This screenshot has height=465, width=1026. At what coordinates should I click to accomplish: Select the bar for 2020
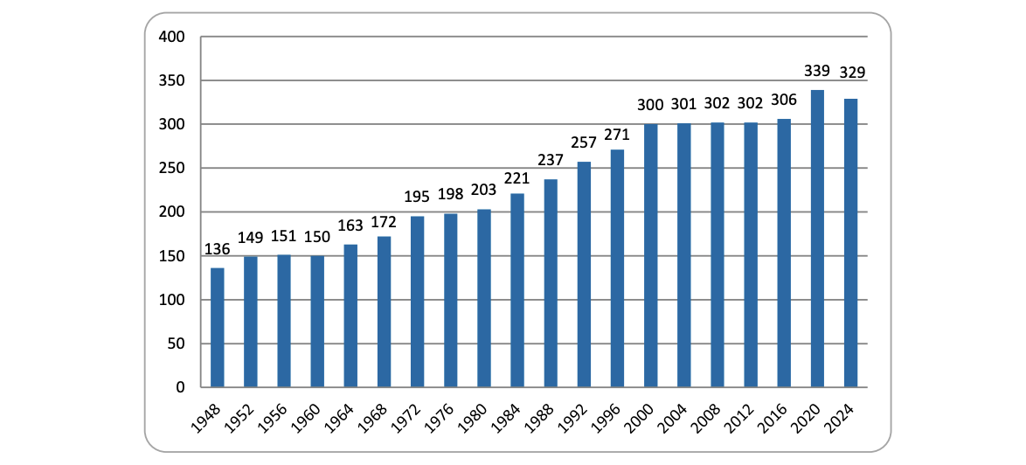[x=817, y=239]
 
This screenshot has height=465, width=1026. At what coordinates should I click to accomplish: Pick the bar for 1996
[x=617, y=268]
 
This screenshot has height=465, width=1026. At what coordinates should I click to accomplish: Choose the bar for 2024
[x=850, y=243]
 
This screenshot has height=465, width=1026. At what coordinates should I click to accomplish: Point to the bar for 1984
[x=517, y=290]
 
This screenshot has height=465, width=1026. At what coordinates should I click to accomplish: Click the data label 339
[x=817, y=71]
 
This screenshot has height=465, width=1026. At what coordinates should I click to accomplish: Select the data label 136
[x=218, y=249]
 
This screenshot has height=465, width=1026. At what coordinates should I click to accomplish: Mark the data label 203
[x=484, y=190]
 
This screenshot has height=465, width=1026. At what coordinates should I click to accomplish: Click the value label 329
[x=850, y=73]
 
